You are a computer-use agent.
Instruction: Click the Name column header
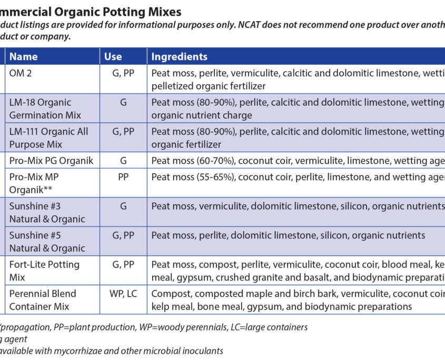coord(23,57)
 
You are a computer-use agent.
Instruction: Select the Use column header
coord(113,57)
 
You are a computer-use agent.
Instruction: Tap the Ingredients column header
coord(180,57)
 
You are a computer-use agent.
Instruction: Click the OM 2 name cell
coord(21,74)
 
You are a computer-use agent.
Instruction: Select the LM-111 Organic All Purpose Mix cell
coord(48,138)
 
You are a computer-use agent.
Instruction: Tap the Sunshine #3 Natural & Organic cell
coord(47,212)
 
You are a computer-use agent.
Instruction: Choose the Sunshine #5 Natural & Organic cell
coord(47,242)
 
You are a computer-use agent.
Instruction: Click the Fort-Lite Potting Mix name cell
coord(44,271)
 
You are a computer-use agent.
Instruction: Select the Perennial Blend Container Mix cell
coord(43,299)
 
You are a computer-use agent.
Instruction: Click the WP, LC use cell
coord(123,294)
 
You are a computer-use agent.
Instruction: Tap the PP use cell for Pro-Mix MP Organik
coord(123,177)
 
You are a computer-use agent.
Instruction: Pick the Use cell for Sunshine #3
coord(123,206)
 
